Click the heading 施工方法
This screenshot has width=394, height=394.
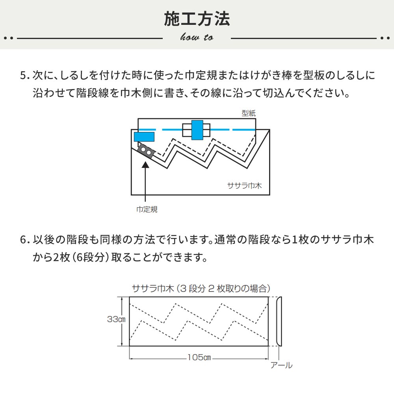click(197, 19)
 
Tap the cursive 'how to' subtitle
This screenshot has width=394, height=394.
click(197, 37)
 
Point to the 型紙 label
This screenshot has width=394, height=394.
click(249, 113)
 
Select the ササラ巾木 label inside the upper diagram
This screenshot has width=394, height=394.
click(244, 185)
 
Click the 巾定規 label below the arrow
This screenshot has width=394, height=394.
click(147, 210)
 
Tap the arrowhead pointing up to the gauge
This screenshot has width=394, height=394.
click(146, 165)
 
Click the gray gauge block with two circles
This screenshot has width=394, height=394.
click(145, 151)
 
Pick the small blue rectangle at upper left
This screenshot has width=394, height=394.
click(144, 137)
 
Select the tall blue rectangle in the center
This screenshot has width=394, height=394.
click(197, 130)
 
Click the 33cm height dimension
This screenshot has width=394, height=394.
click(116, 320)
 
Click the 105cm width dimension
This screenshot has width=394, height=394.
click(199, 358)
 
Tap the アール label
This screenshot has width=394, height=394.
click(281, 366)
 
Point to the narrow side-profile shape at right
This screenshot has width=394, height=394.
click(279, 320)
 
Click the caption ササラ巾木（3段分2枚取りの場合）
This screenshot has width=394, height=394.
click(201, 289)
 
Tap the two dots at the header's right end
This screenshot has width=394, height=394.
click(385, 38)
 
